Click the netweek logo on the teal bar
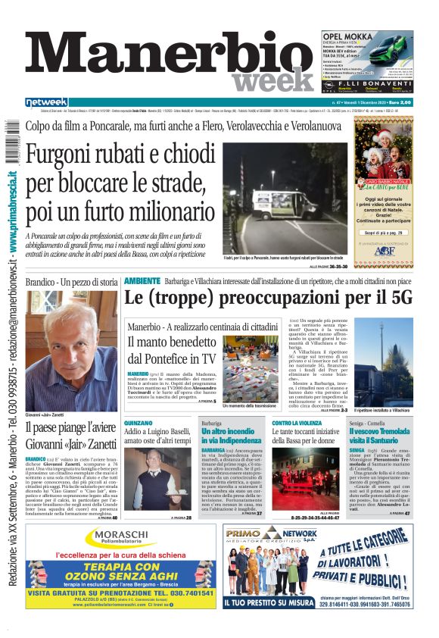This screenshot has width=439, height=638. click(x=48, y=102)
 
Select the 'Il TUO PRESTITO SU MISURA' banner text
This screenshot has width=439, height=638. click(x=269, y=602)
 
